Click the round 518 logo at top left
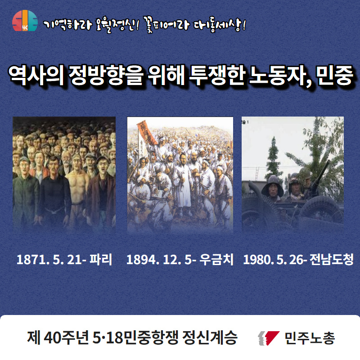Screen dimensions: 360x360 pyautogui.click(x=25, y=21)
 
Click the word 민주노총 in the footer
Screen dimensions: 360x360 pyautogui.click(x=310, y=338)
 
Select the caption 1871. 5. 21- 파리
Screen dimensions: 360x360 pyautogui.click(x=64, y=260)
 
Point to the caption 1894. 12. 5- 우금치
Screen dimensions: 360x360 pyautogui.click(x=180, y=260)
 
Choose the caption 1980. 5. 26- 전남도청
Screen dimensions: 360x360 pyautogui.click(x=298, y=260)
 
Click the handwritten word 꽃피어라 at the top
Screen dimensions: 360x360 pyautogui.click(x=166, y=24)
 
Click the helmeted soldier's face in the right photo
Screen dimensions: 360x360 pyautogui.click(x=273, y=190)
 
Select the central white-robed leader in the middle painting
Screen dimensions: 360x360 pyautogui.click(x=183, y=184)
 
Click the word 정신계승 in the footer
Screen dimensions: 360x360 pyautogui.click(x=210, y=338)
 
